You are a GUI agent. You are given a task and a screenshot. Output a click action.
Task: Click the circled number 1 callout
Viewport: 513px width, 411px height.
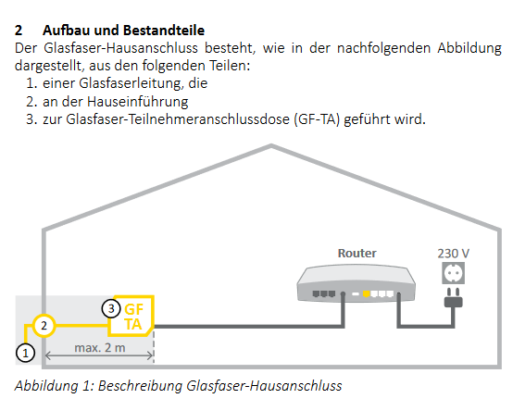(26, 353)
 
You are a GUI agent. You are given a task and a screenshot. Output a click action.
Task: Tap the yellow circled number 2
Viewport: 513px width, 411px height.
(44, 326)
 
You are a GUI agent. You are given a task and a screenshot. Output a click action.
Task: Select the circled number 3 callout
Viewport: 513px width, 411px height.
(111, 308)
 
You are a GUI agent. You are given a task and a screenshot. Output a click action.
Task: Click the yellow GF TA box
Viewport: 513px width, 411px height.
(131, 316)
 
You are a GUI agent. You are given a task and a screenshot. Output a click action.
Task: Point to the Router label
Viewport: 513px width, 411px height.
(357, 253)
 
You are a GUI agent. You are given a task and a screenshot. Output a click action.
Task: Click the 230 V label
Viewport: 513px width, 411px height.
(454, 254)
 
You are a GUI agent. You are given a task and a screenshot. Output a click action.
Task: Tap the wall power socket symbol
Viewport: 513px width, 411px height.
(454, 273)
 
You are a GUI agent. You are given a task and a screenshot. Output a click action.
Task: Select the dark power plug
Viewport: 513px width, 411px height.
(454, 298)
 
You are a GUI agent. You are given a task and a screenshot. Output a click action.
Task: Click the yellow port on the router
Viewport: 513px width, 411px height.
(367, 294)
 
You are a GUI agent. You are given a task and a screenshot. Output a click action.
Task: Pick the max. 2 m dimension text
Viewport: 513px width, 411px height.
(100, 347)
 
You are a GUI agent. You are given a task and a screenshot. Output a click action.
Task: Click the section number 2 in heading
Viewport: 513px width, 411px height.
(19, 30)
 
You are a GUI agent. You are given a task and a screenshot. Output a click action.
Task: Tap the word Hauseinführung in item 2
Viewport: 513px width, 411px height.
(138, 101)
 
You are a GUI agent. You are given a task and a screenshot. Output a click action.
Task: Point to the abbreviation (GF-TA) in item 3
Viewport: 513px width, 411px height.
(317, 119)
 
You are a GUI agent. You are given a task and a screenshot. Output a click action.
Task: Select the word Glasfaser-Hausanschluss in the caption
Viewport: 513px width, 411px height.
(264, 385)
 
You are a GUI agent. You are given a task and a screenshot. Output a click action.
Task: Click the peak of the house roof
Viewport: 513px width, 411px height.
(271, 146)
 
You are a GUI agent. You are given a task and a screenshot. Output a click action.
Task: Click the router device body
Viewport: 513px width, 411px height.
(356, 284)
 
